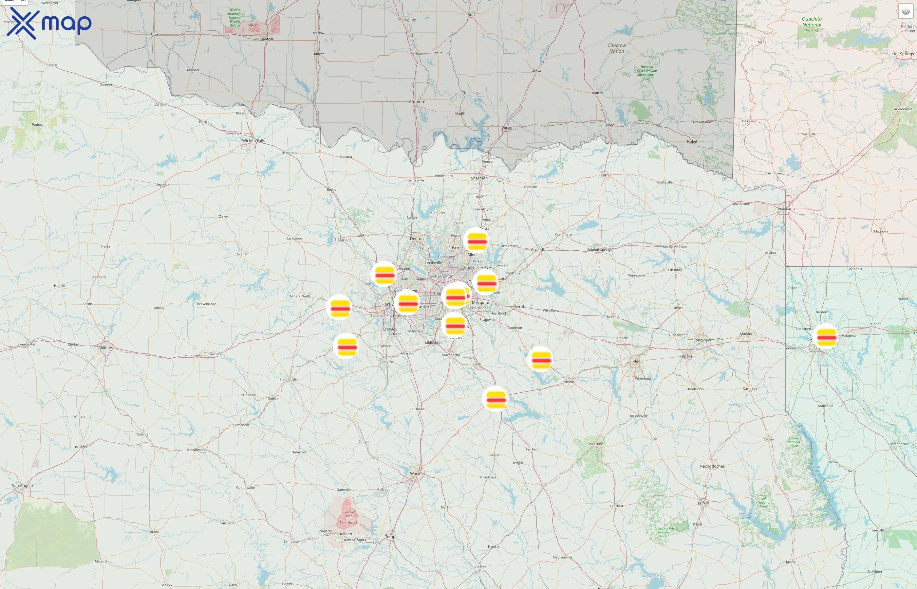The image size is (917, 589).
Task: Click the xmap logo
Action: (49, 23)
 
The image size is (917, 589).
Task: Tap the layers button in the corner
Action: (905, 11)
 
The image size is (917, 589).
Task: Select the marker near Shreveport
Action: (826, 337)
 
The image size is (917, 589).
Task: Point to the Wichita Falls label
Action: (253, 141)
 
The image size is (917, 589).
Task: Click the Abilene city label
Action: (105, 348)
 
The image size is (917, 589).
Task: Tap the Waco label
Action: (415, 473)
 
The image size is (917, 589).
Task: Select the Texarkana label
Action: (785, 209)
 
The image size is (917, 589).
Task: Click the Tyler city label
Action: (635, 361)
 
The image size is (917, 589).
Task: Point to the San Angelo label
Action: (23, 486)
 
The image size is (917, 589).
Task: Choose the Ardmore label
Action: (417, 102)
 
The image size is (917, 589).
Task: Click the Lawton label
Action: (266, 39)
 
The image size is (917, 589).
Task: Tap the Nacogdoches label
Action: (712, 466)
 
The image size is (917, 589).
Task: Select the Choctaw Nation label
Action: (617, 48)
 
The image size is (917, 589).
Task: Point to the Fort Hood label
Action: (348, 523)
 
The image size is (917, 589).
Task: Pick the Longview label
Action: (702, 340)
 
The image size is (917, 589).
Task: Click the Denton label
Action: (417, 239)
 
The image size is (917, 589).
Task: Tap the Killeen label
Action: (346, 534)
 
